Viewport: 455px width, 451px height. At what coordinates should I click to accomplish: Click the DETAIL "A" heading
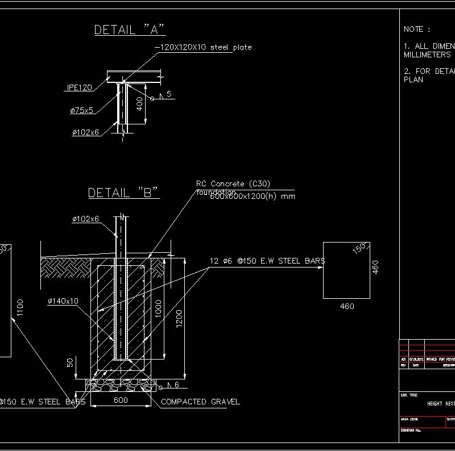pyautogui.click(x=130, y=30)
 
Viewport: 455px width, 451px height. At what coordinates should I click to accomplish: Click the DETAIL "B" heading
pyautogui.click(x=123, y=193)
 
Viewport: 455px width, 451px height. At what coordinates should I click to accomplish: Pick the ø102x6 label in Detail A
pyautogui.click(x=85, y=132)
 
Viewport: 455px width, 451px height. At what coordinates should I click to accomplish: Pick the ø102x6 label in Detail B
pyautogui.click(x=85, y=219)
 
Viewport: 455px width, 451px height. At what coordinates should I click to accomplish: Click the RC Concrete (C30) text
pyautogui.click(x=233, y=183)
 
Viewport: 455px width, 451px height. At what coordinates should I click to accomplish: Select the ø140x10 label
pyautogui.click(x=63, y=301)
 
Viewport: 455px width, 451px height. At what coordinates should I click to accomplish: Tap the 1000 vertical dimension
pyautogui.click(x=159, y=308)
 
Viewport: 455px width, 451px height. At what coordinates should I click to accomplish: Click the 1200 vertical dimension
pyautogui.click(x=180, y=319)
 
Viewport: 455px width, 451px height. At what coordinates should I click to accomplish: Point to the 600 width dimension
pyautogui.click(x=120, y=400)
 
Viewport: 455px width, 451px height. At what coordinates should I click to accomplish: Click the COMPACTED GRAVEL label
pyautogui.click(x=200, y=402)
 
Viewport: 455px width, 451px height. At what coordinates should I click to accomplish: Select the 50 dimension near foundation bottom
pyautogui.click(x=70, y=363)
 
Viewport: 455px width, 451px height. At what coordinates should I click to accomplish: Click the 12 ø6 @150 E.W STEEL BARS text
pyautogui.click(x=267, y=261)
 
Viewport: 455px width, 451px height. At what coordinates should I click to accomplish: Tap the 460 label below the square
pyautogui.click(x=346, y=307)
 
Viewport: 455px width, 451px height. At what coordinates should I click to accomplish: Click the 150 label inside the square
pyautogui.click(x=359, y=249)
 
